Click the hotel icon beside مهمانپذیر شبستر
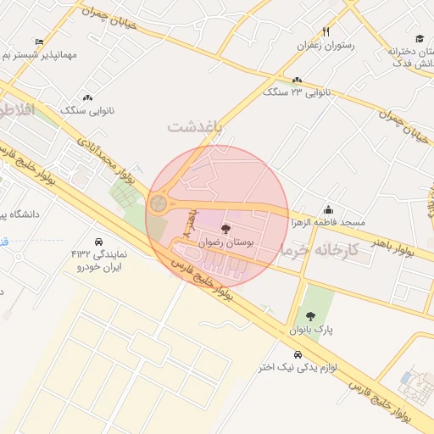(39, 41)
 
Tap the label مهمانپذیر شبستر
(40, 54)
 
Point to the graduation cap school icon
(419, 39)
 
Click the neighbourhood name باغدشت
(194, 126)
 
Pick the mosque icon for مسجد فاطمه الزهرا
(328, 209)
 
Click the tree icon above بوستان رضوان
(225, 228)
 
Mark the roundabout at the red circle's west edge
(159, 203)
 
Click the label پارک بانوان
(313, 329)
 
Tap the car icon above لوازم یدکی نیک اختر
(298, 354)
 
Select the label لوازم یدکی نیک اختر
(298, 367)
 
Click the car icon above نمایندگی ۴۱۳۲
(100, 241)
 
